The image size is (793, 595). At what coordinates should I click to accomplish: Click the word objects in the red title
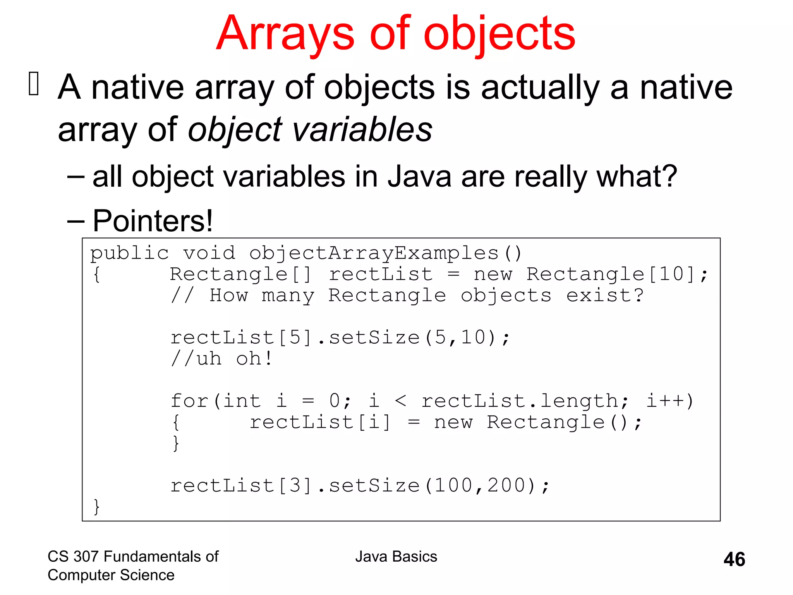[499, 34]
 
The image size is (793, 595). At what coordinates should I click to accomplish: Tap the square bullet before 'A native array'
[34, 84]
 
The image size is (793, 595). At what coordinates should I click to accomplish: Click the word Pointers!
[153, 221]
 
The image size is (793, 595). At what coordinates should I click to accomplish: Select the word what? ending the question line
[637, 177]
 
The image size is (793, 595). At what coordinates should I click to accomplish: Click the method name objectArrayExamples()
[385, 253]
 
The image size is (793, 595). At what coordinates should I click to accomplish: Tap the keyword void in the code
[209, 253]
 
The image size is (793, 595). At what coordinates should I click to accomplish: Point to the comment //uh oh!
[222, 359]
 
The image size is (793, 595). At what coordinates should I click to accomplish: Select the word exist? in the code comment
[604, 296]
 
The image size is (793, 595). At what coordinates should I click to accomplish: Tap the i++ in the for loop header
[669, 401]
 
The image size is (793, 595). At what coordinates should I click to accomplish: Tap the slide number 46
[734, 559]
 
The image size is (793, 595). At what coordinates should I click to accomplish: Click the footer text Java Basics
[396, 557]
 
